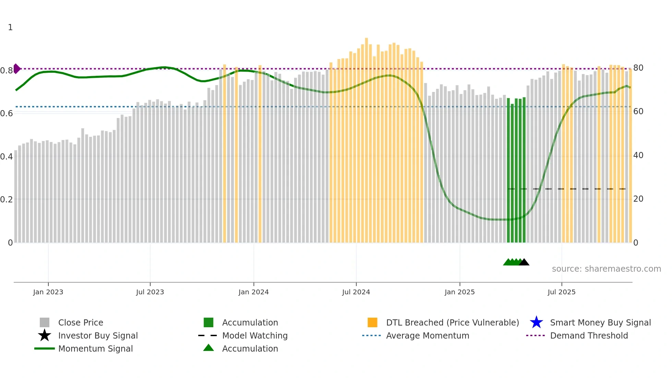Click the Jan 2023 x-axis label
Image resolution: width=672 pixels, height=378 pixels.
click(48, 292)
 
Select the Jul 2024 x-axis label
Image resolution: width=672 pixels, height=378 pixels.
click(356, 292)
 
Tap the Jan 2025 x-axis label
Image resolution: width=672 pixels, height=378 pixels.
click(459, 292)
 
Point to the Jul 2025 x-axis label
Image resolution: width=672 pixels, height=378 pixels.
click(561, 292)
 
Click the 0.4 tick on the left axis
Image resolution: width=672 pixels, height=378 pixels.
click(7, 157)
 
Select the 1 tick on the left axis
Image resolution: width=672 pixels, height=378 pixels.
click(10, 27)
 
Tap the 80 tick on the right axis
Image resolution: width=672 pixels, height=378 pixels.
click(638, 68)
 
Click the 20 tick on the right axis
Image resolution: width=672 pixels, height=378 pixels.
click(638, 199)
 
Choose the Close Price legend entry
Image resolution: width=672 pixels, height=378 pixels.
click(81, 323)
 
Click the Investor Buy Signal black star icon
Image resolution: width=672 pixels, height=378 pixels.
click(45, 335)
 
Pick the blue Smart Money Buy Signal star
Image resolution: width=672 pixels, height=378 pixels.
click(536, 322)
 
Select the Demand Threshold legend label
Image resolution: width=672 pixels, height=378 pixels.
click(589, 336)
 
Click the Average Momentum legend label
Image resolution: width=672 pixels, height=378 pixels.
click(428, 336)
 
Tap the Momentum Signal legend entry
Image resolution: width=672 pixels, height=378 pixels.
click(95, 349)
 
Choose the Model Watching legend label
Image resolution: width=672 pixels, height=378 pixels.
click(255, 336)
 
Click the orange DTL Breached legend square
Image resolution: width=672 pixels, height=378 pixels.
click(372, 322)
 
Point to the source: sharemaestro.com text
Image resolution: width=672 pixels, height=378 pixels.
click(606, 269)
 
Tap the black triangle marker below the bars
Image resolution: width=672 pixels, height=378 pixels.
click(524, 262)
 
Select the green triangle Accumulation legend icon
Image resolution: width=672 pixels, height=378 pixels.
click(208, 348)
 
